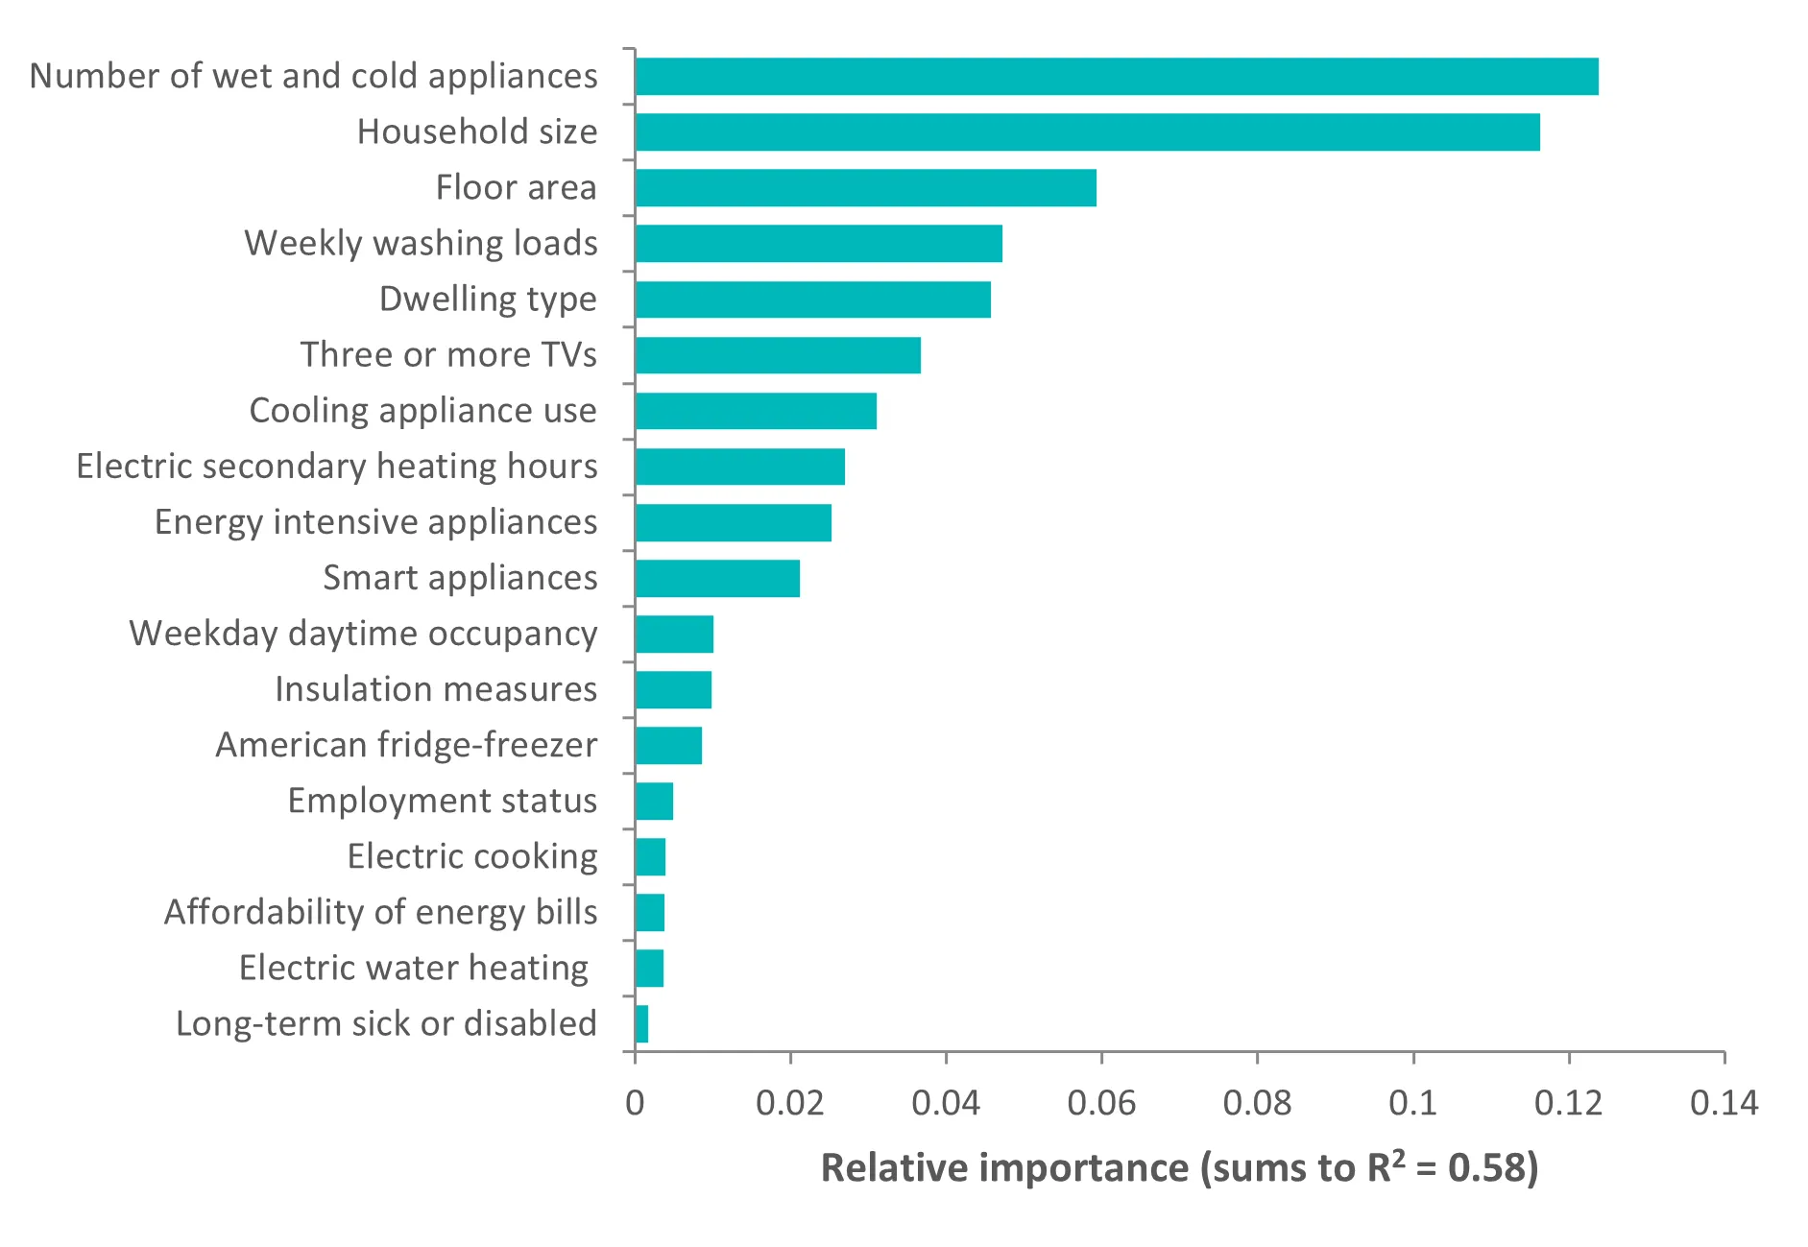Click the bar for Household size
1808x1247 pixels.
[x=1087, y=132]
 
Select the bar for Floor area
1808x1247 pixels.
[x=865, y=188]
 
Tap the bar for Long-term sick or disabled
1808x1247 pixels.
[x=641, y=1024]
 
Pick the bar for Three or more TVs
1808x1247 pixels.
[x=778, y=355]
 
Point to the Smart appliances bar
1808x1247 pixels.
[x=717, y=579]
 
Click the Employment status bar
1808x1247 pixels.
[x=654, y=802]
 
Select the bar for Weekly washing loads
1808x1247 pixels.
[x=818, y=244]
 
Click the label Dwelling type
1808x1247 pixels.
[x=488, y=300]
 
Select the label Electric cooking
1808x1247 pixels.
[x=472, y=856]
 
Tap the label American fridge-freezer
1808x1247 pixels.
[x=406, y=745]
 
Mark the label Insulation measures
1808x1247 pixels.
[x=436, y=689]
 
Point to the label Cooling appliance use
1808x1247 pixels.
[x=422, y=411]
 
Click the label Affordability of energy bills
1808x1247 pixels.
[x=380, y=912]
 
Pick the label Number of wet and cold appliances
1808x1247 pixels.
[x=313, y=77]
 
